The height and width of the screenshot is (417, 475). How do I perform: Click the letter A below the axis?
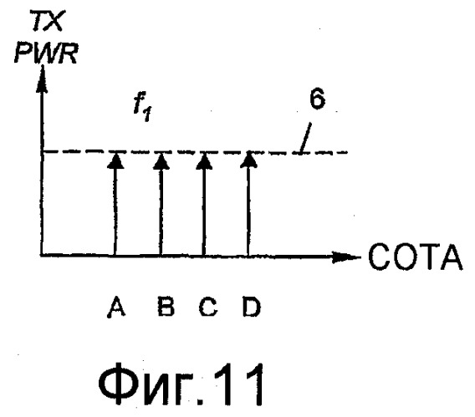tap(116, 308)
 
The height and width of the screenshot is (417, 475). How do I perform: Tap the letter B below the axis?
tap(166, 307)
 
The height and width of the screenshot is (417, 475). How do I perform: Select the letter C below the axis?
tap(207, 307)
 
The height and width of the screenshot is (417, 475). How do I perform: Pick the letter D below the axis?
tap(252, 307)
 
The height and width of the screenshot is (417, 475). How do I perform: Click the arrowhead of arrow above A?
tap(115, 160)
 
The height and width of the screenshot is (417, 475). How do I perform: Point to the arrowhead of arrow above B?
tap(161, 160)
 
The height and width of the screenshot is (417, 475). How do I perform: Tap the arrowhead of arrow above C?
tap(204, 160)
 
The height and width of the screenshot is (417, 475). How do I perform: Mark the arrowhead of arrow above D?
tap(248, 160)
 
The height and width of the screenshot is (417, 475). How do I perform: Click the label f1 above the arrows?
tap(142, 109)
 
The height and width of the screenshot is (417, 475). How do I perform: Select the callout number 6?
tap(317, 99)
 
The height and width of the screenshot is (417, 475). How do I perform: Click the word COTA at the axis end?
tap(416, 257)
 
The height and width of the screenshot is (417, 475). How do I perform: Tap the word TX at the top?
tap(48, 21)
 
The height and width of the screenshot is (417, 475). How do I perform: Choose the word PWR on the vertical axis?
tap(46, 53)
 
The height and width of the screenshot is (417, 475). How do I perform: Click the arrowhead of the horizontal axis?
tap(346, 257)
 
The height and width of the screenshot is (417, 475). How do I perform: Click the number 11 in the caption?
tap(239, 384)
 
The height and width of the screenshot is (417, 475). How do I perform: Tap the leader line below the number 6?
tap(305, 138)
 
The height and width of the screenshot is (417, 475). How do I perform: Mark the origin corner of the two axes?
tap(42, 256)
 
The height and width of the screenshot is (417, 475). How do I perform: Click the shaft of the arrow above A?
tap(115, 211)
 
